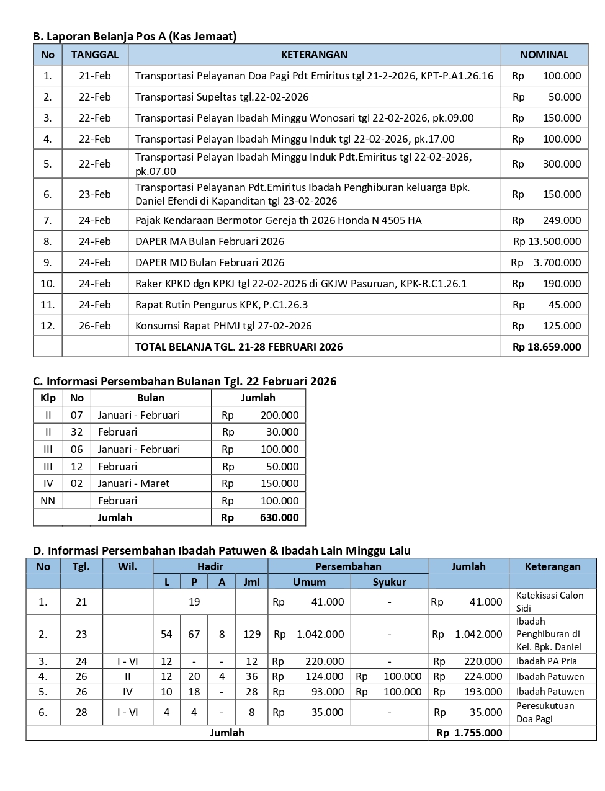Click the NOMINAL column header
pyautogui.click(x=544, y=55)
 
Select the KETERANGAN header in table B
pyautogui.click(x=314, y=55)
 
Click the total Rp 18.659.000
pyautogui.click(x=547, y=347)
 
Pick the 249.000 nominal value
pyautogui.click(x=562, y=220)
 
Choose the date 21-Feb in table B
pyautogui.click(x=94, y=76)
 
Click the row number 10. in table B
pyautogui.click(x=48, y=284)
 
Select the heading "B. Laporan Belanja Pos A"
pyautogui.click(x=135, y=37)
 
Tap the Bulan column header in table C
pyautogui.click(x=150, y=398)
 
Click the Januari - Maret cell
pyautogui.click(x=133, y=483)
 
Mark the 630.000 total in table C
pyautogui.click(x=279, y=517)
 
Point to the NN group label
pyautogui.click(x=48, y=501)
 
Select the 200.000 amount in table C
pyautogui.click(x=279, y=415)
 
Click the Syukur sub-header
pyautogui.click(x=389, y=582)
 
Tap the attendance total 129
pyautogui.click(x=252, y=634)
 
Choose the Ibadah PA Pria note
pyautogui.click(x=546, y=661)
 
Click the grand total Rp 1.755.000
pyautogui.click(x=469, y=733)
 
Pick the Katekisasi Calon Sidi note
pyautogui.click(x=550, y=602)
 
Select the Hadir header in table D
pyautogui.click(x=210, y=566)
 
